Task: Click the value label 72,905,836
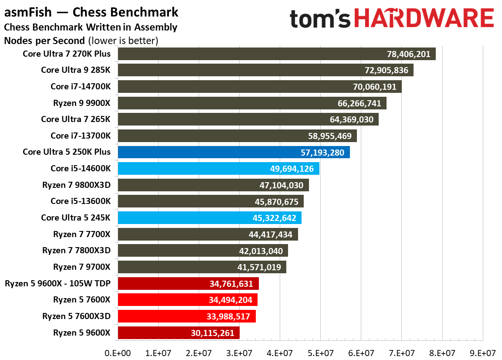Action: [x=385, y=71]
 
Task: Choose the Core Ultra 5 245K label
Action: [x=76, y=218]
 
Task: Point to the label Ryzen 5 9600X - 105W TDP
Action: [x=58, y=284]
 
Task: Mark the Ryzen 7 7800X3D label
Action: [x=77, y=251]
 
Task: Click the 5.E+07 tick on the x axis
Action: [x=320, y=352]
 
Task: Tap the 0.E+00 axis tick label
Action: [x=118, y=352]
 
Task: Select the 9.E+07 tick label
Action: [x=482, y=352]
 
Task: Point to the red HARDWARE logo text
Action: [x=424, y=20]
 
